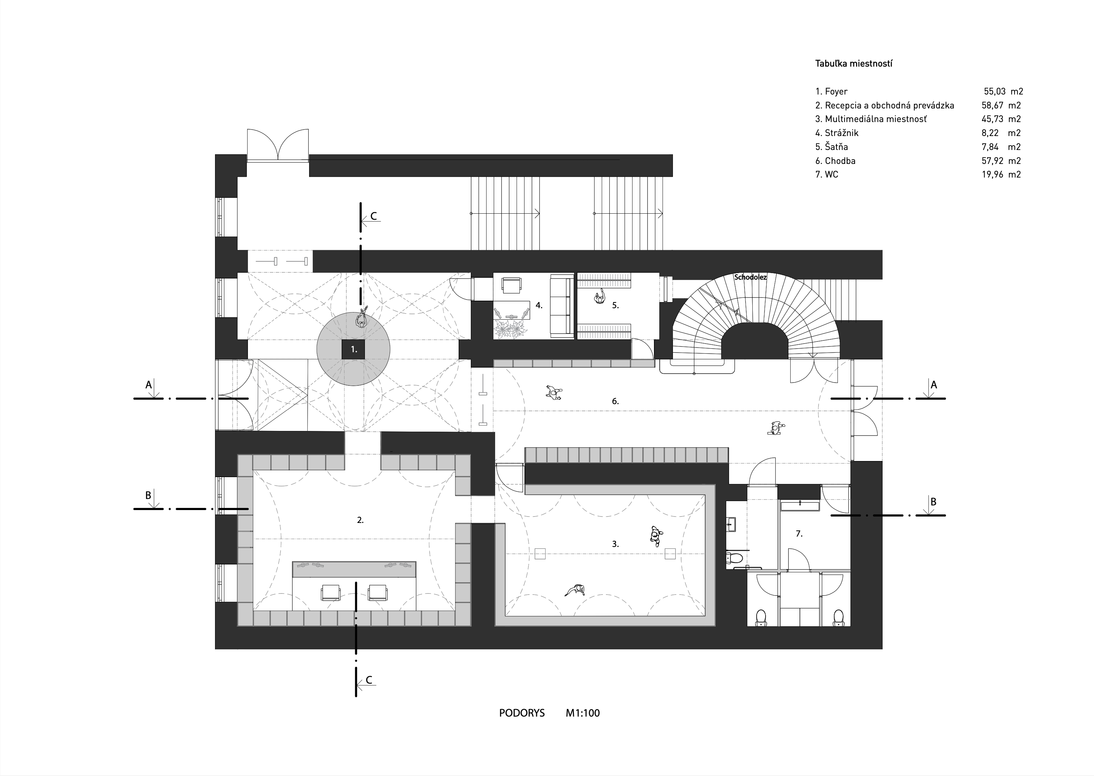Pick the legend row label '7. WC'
click(827, 174)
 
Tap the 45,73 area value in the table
click(993, 119)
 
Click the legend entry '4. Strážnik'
click(837, 133)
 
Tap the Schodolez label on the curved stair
click(750, 277)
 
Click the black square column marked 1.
click(353, 349)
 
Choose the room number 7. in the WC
click(799, 534)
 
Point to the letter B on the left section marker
click(148, 495)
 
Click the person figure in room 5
click(599, 299)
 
